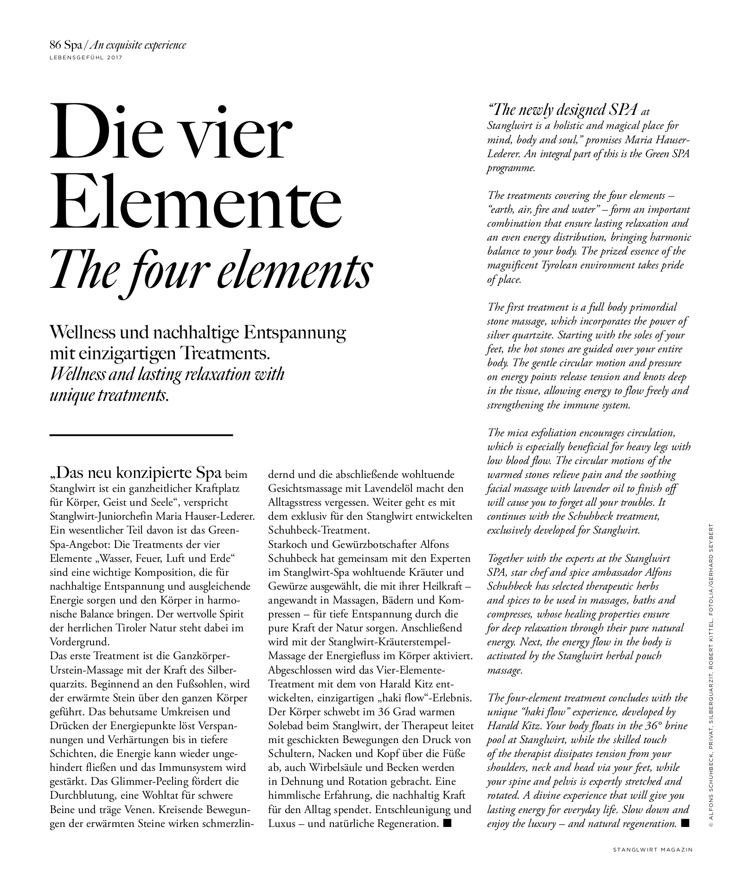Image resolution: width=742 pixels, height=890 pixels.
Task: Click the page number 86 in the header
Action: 56,45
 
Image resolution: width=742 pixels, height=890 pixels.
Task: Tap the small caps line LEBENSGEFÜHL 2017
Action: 86,58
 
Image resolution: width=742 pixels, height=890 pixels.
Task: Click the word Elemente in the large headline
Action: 195,205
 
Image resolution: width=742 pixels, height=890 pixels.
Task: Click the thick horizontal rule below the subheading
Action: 141,435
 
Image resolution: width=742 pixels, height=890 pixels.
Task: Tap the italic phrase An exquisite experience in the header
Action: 138,45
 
